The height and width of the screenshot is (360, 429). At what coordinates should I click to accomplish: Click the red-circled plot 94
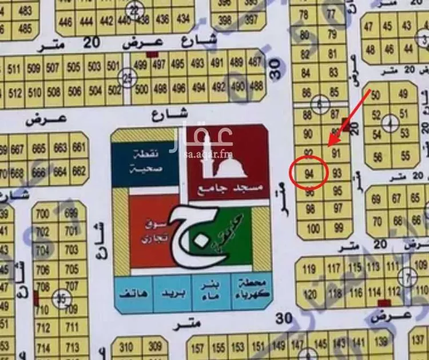pos(309,173)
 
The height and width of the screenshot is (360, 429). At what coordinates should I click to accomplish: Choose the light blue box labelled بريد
pos(173,295)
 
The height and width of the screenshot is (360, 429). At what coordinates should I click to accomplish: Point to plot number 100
pos(313,230)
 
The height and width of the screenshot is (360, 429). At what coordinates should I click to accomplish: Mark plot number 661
pos(79,148)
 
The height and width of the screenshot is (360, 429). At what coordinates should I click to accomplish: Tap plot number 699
pos(71,214)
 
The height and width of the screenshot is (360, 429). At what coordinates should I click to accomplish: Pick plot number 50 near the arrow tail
pos(375,95)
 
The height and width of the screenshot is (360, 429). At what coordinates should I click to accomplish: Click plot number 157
pos(198,347)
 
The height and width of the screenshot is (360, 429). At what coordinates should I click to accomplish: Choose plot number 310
pos(126,346)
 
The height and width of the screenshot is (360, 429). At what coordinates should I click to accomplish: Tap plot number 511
pos(14,70)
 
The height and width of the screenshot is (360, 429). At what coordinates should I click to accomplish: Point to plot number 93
pos(337,173)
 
